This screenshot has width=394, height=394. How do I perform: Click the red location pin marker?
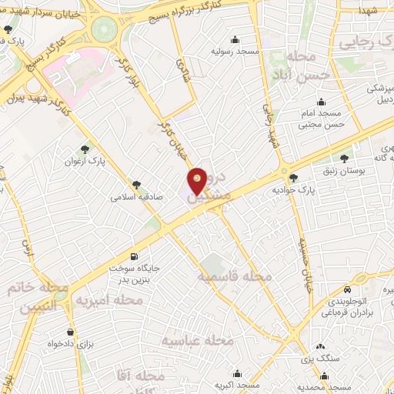[199, 180]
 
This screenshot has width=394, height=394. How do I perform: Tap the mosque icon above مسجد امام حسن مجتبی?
[321, 102]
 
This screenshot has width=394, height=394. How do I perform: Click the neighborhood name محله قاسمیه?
[234, 275]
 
